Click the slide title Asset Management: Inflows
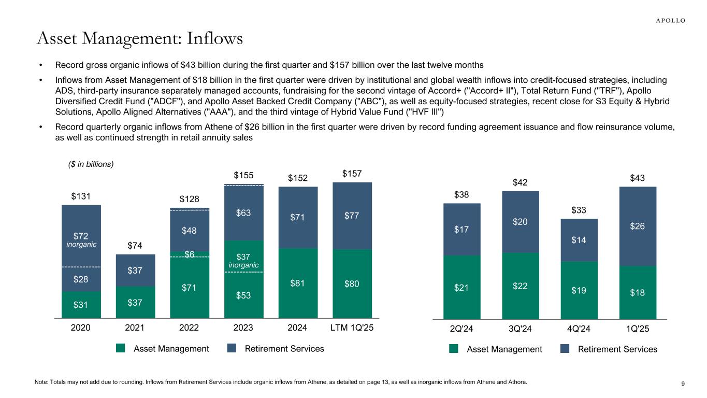tap(140, 38)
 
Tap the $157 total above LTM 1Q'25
tap(352, 173)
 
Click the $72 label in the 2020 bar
tap(81, 236)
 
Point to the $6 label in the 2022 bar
tap(190, 254)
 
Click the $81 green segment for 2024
tap(298, 283)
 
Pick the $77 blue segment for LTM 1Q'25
tap(352, 212)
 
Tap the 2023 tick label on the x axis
tap(243, 328)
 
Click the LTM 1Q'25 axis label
tap(352, 328)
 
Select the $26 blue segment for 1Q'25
tap(638, 226)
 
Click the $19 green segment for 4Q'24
tap(579, 291)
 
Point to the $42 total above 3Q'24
tap(521, 182)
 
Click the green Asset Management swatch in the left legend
tap(121, 349)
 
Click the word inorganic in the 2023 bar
tap(243, 265)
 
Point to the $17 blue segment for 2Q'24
tap(461, 229)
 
